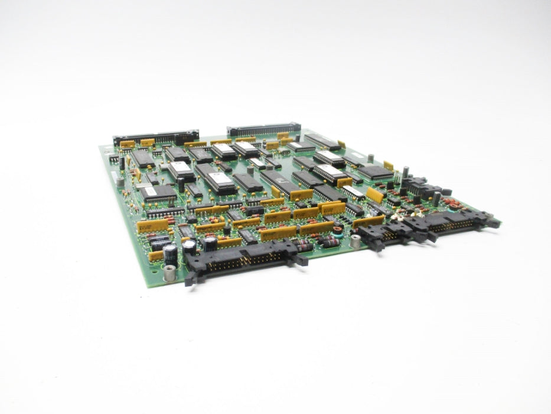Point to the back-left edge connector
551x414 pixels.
coord(156,137)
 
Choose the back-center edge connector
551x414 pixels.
coord(263,129)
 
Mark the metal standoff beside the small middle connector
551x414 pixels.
coord(355,241)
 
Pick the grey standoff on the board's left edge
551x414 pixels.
coord(120,182)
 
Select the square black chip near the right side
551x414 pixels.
coord(376,172)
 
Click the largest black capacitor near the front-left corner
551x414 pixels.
coord(170,254)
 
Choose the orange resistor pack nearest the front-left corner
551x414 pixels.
coord(156,256)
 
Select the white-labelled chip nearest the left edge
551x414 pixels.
coord(148,192)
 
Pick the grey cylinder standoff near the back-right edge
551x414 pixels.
coord(370,159)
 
